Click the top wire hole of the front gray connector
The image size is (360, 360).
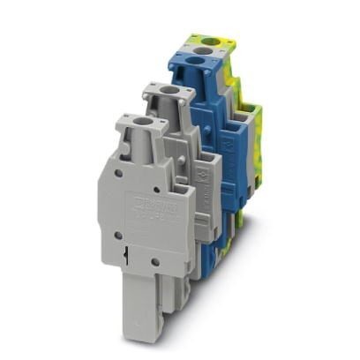click(141, 120)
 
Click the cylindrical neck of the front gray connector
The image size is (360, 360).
click(142, 146)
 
